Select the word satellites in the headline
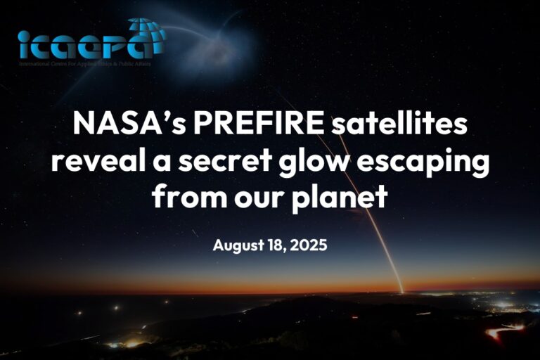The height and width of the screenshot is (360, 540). pos(391,125)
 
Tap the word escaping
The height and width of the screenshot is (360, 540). pos(430,162)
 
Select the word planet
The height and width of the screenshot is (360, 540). pos(340,198)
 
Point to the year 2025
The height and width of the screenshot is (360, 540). pos(308,246)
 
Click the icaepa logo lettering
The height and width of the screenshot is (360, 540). pos(84,44)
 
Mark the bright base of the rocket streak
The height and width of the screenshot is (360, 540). pos(401,289)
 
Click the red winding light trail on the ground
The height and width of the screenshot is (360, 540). pos(503,330)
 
